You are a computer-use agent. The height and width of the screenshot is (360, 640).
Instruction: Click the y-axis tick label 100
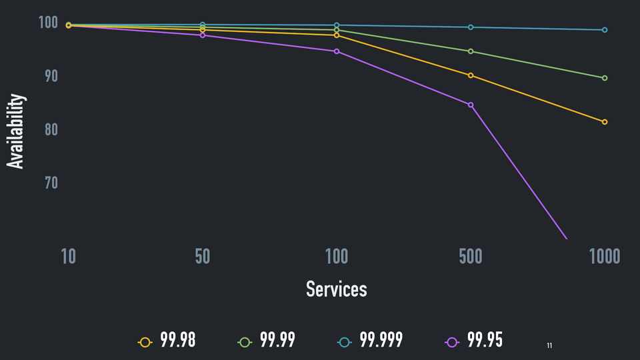point(49,23)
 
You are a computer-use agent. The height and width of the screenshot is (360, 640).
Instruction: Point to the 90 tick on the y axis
point(51,77)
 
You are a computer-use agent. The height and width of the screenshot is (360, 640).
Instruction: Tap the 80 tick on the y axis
point(51,129)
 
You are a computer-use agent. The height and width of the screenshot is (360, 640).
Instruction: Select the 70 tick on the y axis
point(51,182)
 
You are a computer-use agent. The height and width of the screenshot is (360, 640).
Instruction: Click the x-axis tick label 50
point(203,257)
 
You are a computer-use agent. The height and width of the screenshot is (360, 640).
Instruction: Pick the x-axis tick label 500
point(471,257)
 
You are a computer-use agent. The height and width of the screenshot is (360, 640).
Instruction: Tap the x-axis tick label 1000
point(605,257)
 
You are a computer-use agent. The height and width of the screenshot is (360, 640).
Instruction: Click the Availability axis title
point(16,131)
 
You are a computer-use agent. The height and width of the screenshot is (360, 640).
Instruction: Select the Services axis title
point(336,289)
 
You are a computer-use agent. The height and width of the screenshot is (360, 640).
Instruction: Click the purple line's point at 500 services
point(471,105)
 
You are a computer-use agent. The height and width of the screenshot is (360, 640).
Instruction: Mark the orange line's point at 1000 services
point(605,122)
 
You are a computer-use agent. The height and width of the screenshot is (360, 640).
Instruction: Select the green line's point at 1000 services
point(605,78)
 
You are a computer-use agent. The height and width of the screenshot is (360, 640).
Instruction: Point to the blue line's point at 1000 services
point(605,30)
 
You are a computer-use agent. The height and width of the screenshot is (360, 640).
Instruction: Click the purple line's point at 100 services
point(337,51)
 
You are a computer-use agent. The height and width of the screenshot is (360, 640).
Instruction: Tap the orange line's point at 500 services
point(471,75)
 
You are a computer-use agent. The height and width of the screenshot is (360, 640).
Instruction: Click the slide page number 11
point(549,345)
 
